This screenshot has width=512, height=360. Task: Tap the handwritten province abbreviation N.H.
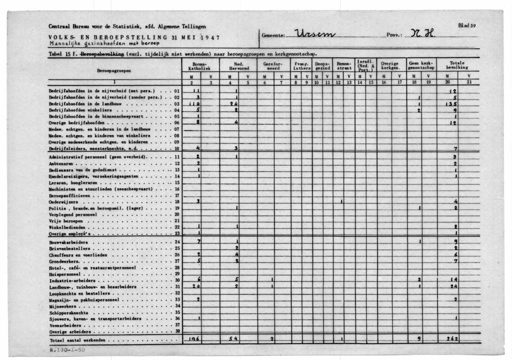423,34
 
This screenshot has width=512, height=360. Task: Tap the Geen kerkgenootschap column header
421,66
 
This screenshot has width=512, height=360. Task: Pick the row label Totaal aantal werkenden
78,340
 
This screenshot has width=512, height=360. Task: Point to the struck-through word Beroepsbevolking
103,54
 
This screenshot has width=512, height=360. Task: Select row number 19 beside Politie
177,208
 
